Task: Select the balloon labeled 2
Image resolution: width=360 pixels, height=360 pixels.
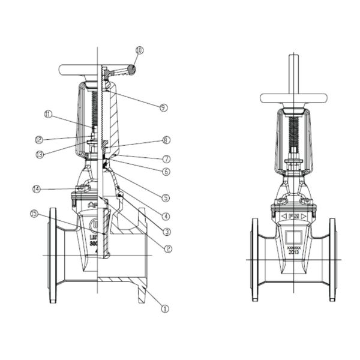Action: coord(168,248)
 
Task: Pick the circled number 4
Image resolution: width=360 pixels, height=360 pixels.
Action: coord(166,216)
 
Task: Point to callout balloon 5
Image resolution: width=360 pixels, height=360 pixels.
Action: coord(166,197)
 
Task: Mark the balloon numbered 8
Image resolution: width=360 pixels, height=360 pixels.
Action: coord(166,140)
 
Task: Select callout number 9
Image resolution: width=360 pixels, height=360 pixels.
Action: coord(163,107)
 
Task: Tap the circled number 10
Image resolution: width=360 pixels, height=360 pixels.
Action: coord(140,51)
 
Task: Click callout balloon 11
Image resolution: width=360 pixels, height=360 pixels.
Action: coord(49,113)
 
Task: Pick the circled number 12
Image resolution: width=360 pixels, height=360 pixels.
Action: coord(39,140)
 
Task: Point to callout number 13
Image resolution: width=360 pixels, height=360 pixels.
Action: coord(40,153)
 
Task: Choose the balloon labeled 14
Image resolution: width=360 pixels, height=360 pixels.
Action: coord(37,189)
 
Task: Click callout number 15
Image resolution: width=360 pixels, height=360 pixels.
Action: coord(35,213)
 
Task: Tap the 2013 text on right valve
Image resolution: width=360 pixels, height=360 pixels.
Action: coord(293,253)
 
